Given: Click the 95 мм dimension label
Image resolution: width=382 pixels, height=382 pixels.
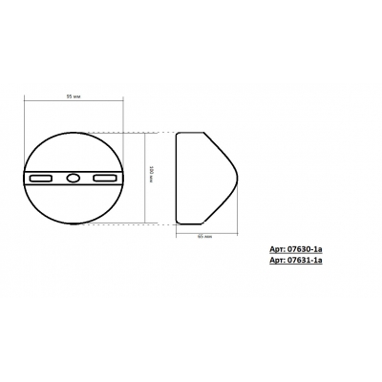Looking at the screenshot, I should point(73,96).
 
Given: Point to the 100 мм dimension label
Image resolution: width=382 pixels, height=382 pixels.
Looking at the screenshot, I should point(152,177).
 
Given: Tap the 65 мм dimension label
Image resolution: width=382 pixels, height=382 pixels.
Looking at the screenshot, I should point(202,234).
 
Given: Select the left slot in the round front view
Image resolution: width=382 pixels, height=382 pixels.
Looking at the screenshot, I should point(43,178).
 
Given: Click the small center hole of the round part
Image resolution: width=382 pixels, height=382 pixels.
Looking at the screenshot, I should point(73,178).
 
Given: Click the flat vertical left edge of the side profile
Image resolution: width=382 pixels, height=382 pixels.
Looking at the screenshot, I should point(177,178).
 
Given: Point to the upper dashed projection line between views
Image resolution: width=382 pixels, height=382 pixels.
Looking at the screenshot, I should point(158,131).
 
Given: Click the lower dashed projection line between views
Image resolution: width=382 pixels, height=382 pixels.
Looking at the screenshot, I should point(158,223).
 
